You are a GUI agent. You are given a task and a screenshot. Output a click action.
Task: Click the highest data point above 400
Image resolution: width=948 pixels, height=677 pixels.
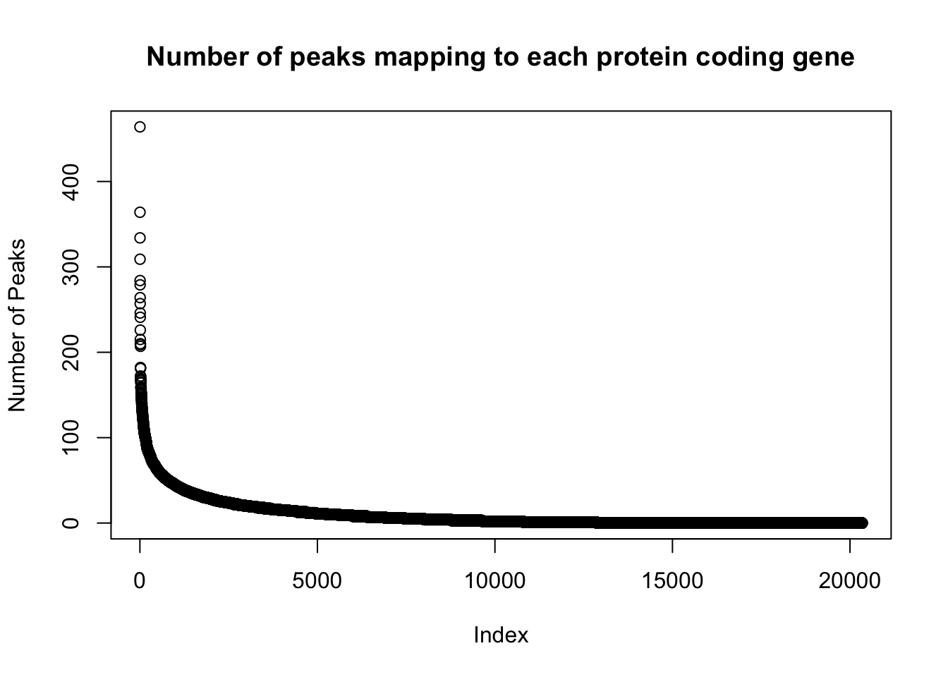(x=140, y=127)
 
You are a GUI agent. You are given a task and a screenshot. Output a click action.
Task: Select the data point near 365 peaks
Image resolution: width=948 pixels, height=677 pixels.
(x=140, y=212)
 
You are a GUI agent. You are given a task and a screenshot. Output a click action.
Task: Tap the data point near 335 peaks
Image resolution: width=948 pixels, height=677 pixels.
(x=140, y=238)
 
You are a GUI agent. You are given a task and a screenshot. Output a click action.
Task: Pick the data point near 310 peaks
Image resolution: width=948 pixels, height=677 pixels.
(x=140, y=259)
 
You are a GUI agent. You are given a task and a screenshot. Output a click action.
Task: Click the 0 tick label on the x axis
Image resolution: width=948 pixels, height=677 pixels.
(x=139, y=581)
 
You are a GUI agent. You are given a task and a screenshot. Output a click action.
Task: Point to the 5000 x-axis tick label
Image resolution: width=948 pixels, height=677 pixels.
(x=317, y=581)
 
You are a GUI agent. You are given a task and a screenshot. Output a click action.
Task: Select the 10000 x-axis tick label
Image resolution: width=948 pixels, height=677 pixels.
(x=494, y=581)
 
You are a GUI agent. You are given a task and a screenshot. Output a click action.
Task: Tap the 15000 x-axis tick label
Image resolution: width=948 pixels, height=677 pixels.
(x=672, y=581)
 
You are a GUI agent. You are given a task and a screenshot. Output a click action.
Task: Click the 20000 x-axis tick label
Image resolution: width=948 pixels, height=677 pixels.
(x=850, y=581)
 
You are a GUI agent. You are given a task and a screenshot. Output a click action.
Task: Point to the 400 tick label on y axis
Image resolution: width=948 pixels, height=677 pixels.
(x=71, y=182)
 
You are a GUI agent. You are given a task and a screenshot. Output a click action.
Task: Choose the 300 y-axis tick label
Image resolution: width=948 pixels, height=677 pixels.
(x=71, y=267)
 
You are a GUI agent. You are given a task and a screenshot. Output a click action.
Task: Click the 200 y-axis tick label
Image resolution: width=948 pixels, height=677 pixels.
(x=71, y=353)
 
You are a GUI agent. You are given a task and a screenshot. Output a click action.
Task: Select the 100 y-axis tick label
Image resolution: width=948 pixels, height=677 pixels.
(x=71, y=437)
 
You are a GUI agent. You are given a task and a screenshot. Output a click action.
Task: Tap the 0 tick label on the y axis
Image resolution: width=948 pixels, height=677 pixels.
(x=71, y=523)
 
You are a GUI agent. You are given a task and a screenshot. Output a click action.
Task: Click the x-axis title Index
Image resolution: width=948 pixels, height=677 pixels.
(x=501, y=635)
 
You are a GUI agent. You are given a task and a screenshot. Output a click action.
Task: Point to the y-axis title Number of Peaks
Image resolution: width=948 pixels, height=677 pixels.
(x=17, y=325)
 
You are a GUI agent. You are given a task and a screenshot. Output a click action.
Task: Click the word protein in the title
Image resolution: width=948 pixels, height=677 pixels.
(x=642, y=57)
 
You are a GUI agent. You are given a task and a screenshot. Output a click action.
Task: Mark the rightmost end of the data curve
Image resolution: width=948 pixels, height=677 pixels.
(x=862, y=523)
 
